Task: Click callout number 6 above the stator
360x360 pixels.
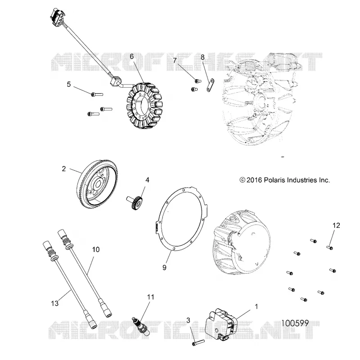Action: coord(131,57)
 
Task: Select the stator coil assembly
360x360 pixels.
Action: coord(144,105)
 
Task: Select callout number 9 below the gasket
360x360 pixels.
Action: coord(164,267)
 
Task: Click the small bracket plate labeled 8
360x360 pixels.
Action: coord(210,85)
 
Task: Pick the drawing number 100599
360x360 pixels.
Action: coord(295,323)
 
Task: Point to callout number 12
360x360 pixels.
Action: coord(336,225)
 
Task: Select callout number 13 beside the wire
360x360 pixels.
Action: coord(54,303)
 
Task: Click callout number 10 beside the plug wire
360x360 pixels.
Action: coord(96,250)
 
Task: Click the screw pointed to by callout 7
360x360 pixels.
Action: coord(198,81)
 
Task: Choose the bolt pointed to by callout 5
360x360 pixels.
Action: coord(97,94)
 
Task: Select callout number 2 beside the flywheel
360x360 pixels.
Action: coord(64,169)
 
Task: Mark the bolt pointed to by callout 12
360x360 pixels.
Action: coord(330,247)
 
